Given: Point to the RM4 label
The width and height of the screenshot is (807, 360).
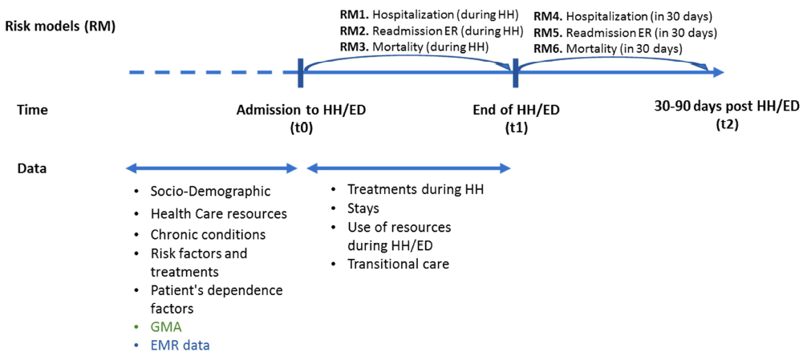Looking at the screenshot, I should point(549,15).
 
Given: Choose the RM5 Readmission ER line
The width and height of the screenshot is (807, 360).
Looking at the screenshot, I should point(625,32).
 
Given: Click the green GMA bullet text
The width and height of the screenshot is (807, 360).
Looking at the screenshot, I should point(166,328).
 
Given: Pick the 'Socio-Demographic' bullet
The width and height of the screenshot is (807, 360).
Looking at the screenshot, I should point(210,192).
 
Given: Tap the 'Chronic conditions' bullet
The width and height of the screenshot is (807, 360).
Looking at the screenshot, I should point(208,235).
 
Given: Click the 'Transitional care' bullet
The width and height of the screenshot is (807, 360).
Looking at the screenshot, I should point(398,264).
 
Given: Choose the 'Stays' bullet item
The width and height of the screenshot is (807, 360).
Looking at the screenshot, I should point(363,208).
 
